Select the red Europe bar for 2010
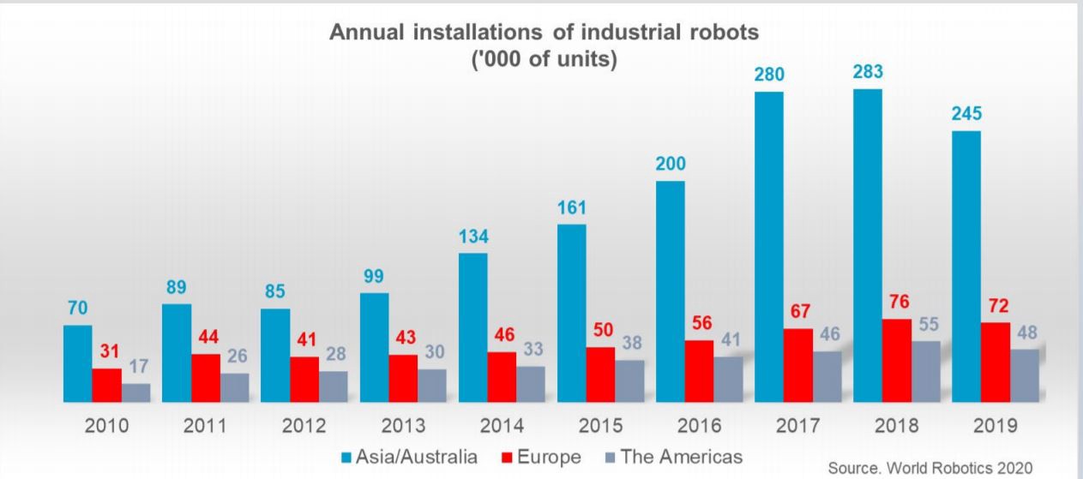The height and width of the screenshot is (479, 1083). click(x=106, y=385)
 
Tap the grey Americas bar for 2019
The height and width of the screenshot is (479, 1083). click(x=1024, y=375)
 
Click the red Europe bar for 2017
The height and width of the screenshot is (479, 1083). click(x=798, y=365)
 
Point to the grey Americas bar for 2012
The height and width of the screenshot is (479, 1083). click(x=334, y=386)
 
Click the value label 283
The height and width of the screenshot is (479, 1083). click(x=868, y=73)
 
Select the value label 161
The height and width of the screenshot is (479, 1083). click(x=571, y=208)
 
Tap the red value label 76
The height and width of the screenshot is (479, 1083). click(x=896, y=303)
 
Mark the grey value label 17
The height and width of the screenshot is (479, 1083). click(x=138, y=367)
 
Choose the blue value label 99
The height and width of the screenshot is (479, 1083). click(x=374, y=277)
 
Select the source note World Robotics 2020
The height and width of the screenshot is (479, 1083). click(x=930, y=468)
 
